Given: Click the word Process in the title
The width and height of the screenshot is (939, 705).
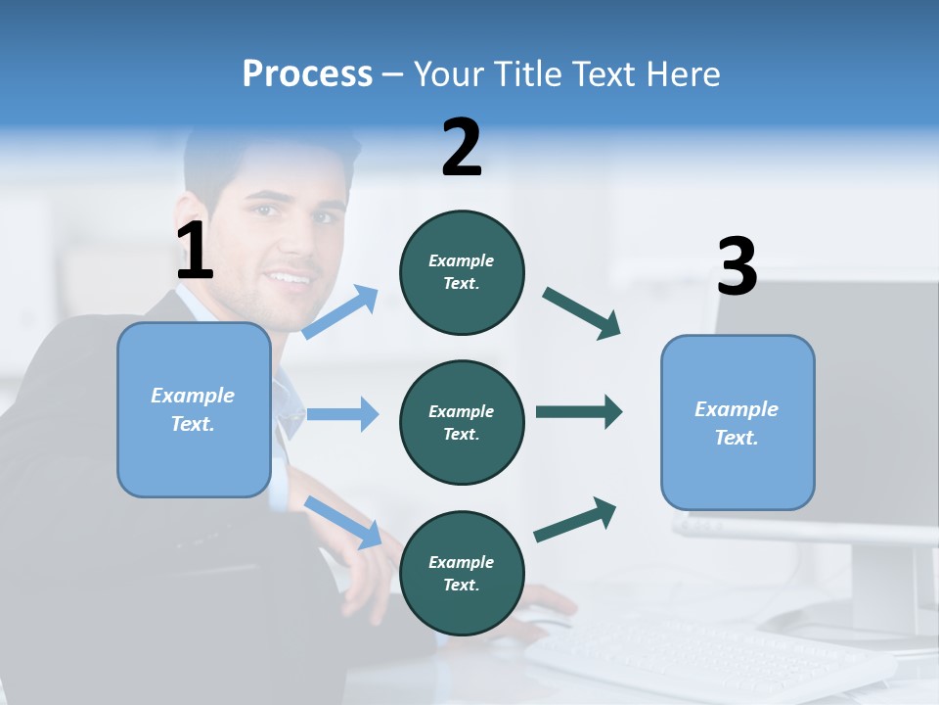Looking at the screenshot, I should click(307, 73).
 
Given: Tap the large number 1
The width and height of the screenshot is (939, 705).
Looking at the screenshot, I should click(195, 252).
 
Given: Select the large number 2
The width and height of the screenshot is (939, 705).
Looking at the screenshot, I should click(462, 148).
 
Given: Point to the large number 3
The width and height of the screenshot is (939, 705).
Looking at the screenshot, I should click(737, 266).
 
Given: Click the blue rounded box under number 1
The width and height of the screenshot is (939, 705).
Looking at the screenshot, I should click(194, 409).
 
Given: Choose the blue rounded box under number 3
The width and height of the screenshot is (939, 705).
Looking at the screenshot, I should click(738, 423).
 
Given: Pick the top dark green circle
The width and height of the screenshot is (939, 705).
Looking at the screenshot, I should click(462, 272).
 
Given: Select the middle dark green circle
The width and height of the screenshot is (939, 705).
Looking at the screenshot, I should click(462, 422).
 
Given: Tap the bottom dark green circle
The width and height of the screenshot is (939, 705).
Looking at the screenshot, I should click(462, 573).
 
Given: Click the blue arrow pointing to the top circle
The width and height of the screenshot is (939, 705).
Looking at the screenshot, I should click(340, 312).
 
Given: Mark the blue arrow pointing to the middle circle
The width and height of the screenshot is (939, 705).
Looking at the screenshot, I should click(342, 414).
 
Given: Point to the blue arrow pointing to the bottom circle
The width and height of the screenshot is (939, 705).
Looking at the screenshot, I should click(342, 522).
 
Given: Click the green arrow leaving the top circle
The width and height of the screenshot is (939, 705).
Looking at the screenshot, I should click(581, 313).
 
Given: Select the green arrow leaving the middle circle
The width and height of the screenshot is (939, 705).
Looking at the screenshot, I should click(579, 411).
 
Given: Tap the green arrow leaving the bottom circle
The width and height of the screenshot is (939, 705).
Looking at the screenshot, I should click(575, 520).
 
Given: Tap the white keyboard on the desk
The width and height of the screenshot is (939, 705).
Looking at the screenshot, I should click(685, 651).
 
